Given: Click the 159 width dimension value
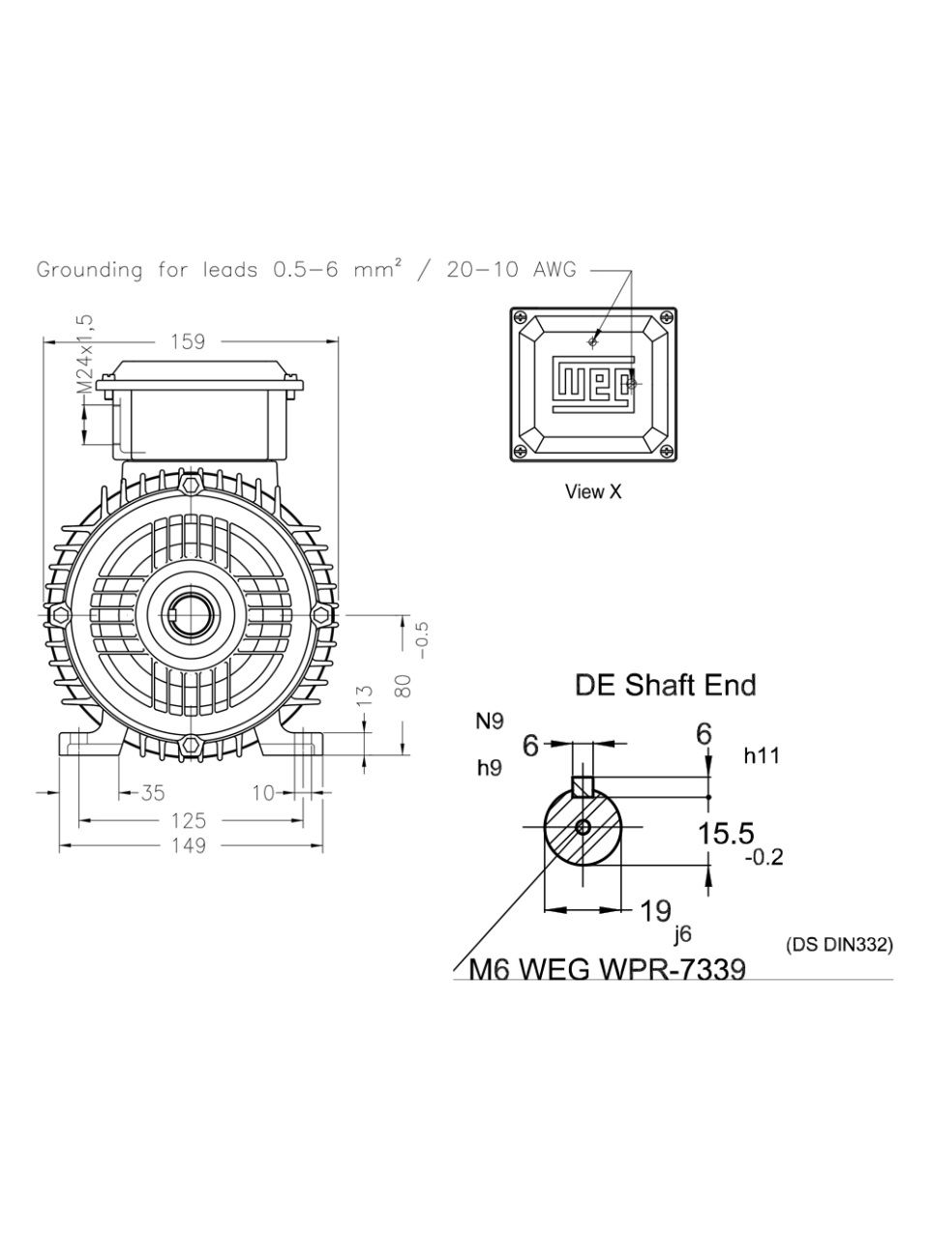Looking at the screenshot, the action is tap(188, 341).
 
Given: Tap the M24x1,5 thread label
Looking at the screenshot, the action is tap(84, 354).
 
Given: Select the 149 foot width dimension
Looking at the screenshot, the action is tap(189, 845).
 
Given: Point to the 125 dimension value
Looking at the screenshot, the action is tap(189, 820).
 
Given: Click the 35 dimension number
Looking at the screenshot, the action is tap(152, 793).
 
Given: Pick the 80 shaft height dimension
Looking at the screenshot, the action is tap(404, 686).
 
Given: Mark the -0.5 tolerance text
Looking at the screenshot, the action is tap(423, 640).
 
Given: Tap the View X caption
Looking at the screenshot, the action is tap(593, 492).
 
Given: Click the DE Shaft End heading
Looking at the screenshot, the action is tap(666, 685).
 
